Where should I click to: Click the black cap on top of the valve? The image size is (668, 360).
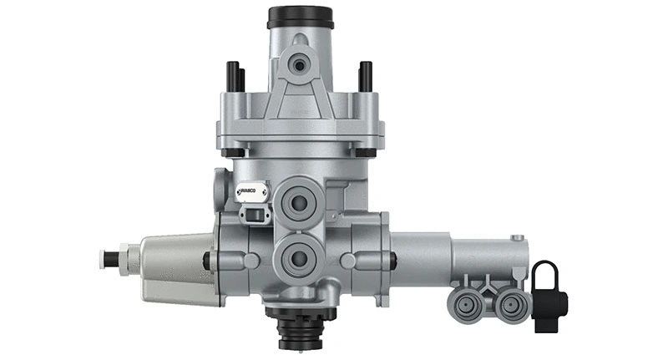[x=300, y=17]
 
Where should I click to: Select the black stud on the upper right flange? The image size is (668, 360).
[x=365, y=77]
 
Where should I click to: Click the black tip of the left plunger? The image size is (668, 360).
[x=104, y=258]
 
